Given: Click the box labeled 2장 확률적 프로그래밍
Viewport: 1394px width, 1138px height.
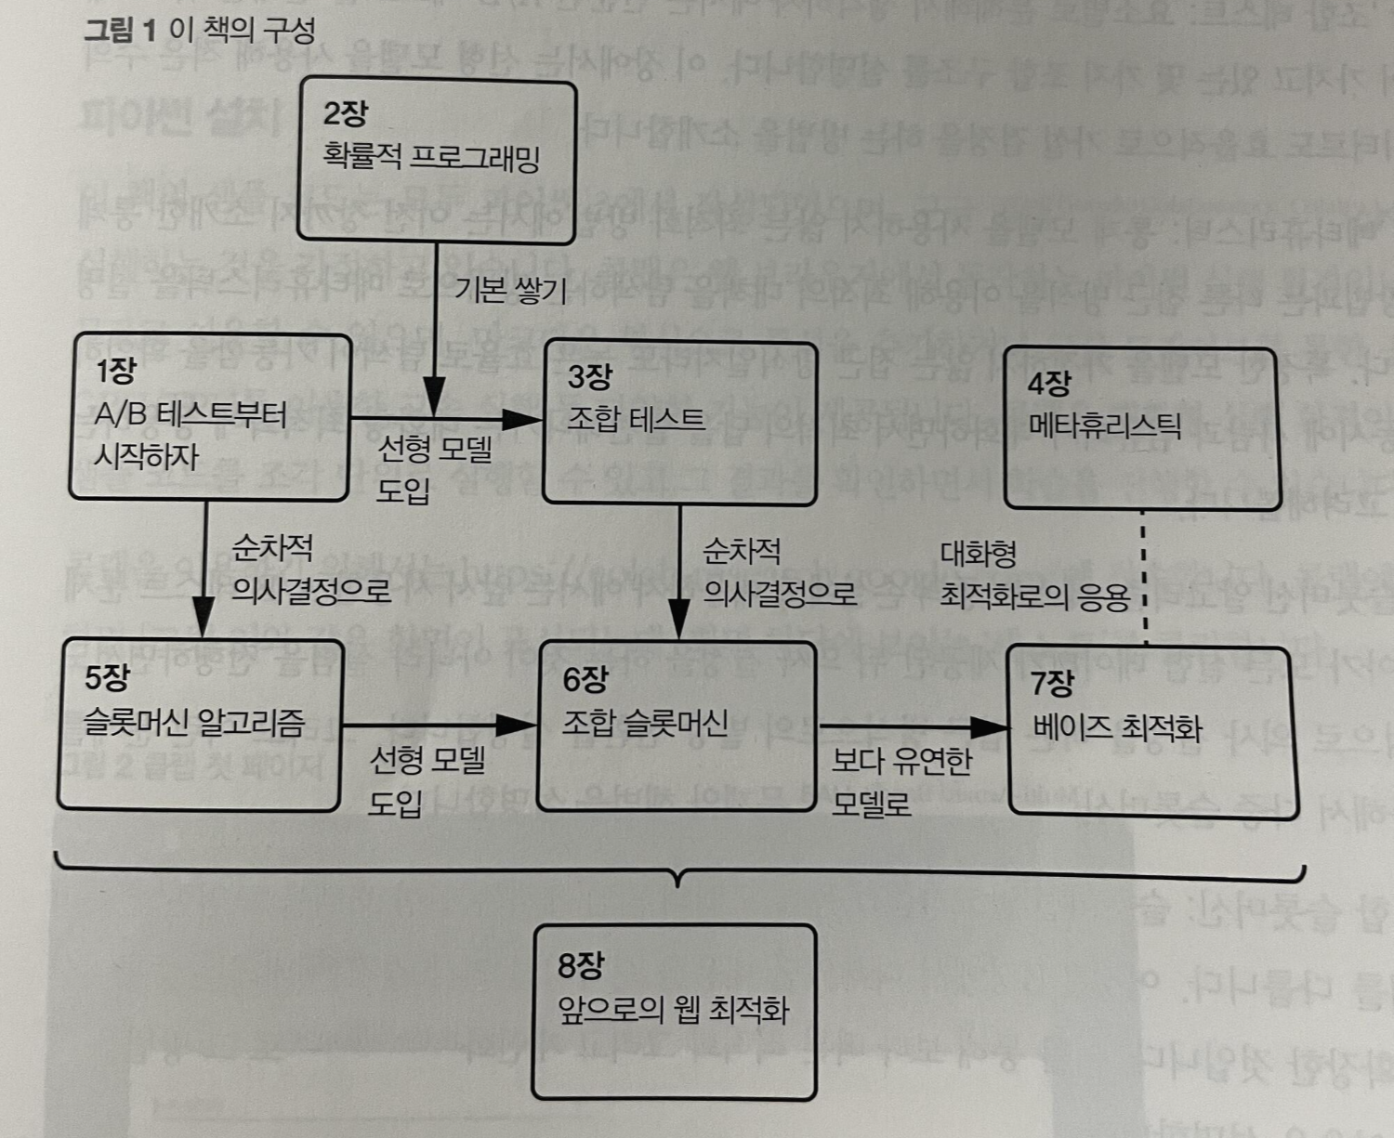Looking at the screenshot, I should tap(436, 162).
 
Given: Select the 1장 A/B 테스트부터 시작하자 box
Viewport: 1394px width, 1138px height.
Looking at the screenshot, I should tap(210, 417).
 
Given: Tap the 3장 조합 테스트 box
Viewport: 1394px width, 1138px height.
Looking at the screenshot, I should tap(679, 424).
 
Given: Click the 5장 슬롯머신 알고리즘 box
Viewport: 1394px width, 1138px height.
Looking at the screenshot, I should tap(199, 725).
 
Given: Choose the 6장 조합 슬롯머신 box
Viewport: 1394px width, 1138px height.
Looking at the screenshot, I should tap(677, 726).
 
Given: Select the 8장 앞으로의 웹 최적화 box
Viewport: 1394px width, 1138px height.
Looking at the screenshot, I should tap(674, 1011).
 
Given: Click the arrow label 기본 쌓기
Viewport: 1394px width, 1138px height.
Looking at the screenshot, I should tap(510, 291).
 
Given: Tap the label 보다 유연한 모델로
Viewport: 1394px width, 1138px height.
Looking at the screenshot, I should tap(900, 781).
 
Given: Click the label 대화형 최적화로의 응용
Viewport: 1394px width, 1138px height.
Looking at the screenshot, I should tap(1033, 575).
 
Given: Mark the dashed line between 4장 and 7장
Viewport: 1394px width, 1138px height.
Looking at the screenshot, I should tap(1144, 576).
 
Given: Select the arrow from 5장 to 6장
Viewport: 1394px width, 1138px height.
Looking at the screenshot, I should tap(437, 725).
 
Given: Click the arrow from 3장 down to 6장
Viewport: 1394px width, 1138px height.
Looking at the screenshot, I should tap(679, 571).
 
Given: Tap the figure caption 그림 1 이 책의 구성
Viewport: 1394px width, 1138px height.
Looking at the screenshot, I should tap(200, 30).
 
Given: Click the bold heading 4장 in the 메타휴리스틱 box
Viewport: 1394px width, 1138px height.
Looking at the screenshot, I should tap(1049, 383).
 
